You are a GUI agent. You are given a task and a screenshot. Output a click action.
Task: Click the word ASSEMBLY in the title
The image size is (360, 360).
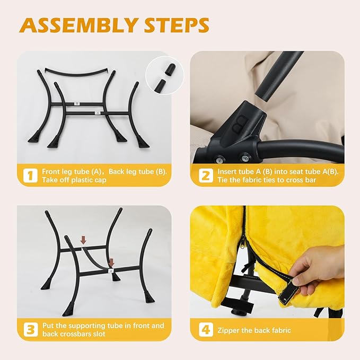tap(78, 25)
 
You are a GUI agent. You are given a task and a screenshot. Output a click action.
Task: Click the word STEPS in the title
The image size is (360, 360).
tap(177, 25)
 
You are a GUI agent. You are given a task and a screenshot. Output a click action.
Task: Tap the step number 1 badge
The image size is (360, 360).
tap(30, 175)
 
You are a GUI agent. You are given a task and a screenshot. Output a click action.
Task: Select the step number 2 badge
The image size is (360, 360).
tap(206, 175)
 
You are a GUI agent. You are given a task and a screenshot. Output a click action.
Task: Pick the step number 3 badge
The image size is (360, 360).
tap(31, 329)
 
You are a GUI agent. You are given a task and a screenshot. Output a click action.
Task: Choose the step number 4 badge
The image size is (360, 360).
tap(206, 330)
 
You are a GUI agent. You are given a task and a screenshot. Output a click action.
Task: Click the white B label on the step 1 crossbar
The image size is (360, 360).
tap(77, 103)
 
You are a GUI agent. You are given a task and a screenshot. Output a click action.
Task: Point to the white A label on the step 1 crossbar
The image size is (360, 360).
tap(98, 113)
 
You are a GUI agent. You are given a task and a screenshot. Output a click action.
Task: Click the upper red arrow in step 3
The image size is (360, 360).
tap(83, 241)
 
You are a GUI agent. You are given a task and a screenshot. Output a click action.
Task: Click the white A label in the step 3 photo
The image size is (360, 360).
tap(111, 271)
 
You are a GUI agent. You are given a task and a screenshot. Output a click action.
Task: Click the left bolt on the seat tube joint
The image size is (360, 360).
tap(221, 159)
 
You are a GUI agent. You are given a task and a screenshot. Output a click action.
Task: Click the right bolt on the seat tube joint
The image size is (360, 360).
tap(244, 157)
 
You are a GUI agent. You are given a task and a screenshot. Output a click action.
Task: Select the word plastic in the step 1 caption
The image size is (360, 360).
tap(82, 180)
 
